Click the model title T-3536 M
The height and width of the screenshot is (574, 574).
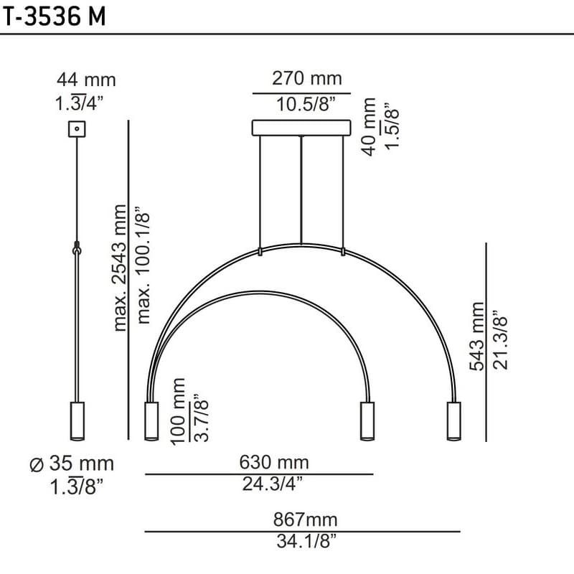click(55, 17)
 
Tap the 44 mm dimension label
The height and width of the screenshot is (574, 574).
click(86, 80)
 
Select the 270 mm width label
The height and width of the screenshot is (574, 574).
click(307, 78)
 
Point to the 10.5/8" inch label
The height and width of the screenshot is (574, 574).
click(306, 104)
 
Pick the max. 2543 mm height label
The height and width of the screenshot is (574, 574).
click(120, 268)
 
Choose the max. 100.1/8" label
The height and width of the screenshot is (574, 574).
click(143, 265)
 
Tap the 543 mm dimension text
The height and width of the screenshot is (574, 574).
click(477, 337)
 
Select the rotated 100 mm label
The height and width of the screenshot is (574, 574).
click(178, 411)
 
